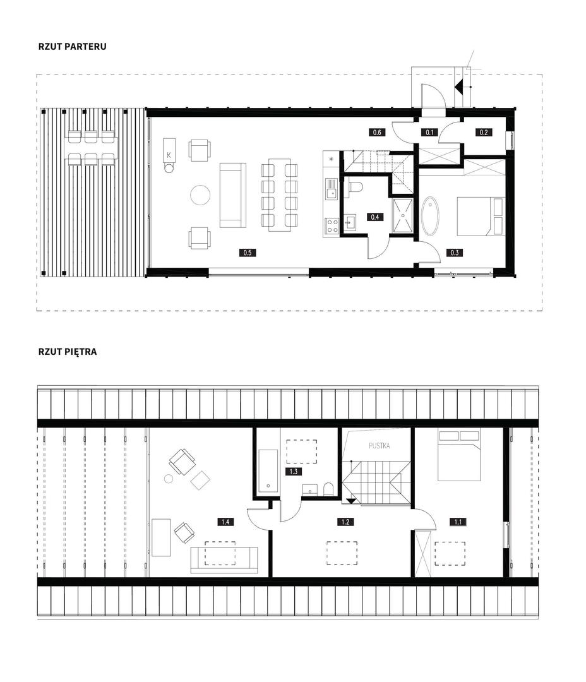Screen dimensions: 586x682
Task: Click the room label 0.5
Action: [248, 252]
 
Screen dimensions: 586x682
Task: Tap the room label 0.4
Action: [375, 217]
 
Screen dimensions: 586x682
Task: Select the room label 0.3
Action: [455, 252]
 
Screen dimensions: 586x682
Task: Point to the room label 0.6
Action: [377, 132]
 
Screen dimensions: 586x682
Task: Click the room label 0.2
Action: [484, 132]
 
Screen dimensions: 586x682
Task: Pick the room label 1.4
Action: [225, 522]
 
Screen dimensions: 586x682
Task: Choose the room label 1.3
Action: [294, 472]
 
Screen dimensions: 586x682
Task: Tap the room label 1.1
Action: [458, 522]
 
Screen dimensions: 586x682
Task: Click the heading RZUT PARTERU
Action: [72, 47]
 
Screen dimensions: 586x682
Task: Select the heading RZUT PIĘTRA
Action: [68, 352]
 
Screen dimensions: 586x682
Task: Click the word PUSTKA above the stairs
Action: [380, 446]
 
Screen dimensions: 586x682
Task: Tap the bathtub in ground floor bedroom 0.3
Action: [430, 216]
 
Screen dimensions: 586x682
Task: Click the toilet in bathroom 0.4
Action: [354, 186]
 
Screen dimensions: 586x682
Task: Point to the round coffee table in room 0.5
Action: [201, 194]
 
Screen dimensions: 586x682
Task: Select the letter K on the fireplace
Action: [169, 155]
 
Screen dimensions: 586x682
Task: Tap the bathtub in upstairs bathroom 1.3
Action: [268, 472]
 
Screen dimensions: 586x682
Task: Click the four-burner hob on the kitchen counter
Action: [332, 225]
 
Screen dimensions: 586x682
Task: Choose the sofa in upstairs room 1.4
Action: [224, 559]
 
